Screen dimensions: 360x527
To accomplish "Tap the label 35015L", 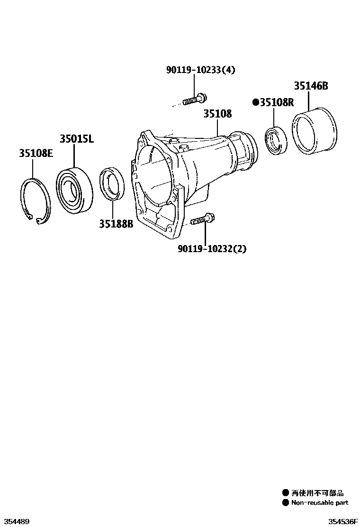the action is (77, 139).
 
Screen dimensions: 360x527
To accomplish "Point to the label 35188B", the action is (116, 223).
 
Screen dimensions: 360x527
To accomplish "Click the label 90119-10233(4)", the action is (200, 70).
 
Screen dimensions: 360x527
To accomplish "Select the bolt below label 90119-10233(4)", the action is (194, 100).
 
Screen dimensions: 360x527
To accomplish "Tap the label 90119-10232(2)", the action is (212, 248).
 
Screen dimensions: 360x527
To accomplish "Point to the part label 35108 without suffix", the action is (218, 114).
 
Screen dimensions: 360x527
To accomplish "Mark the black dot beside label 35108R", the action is (255, 102).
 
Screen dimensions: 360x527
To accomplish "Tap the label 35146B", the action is (311, 86).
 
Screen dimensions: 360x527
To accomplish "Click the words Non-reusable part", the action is (319, 503).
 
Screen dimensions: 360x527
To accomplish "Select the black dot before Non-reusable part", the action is (286, 503).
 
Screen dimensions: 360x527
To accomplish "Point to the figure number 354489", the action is (16, 521).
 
